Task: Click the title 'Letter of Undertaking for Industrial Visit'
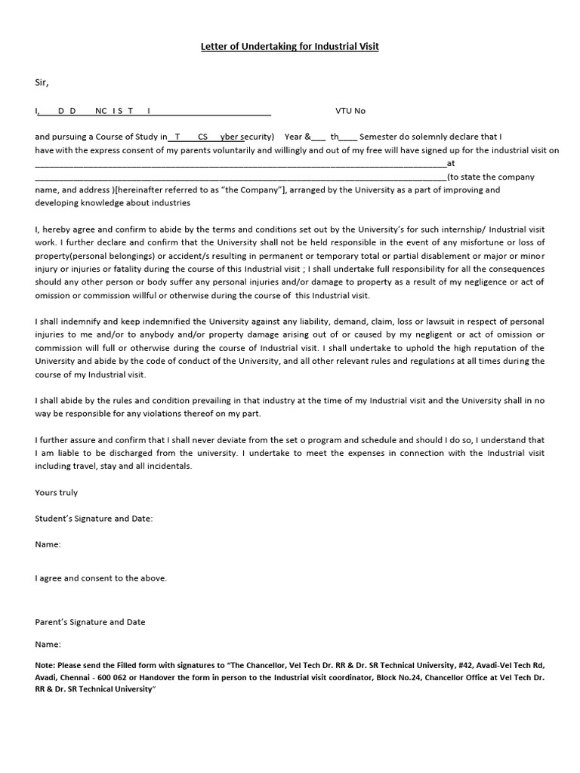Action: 289,47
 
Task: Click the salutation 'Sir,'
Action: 42,82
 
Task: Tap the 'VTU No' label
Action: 350,111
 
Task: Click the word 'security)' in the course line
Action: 258,137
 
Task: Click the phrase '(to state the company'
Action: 491,177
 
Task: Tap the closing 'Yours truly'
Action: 57,492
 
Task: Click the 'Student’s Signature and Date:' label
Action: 94,519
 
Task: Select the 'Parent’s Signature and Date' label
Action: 91,622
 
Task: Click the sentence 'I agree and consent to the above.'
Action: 101,578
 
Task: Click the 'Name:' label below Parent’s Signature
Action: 48,645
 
